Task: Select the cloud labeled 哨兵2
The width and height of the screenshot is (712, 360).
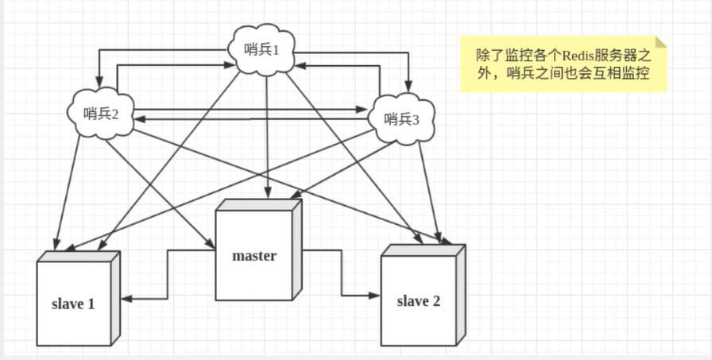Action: (x=101, y=113)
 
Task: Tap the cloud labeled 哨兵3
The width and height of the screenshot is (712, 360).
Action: (x=401, y=119)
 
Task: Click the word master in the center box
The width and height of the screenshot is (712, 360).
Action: (x=254, y=256)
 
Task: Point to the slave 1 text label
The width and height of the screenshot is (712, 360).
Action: (x=73, y=304)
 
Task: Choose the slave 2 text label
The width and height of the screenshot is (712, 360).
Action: (x=418, y=300)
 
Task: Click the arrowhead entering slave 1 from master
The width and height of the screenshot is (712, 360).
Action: (x=126, y=298)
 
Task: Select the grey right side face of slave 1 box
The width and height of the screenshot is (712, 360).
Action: (x=115, y=298)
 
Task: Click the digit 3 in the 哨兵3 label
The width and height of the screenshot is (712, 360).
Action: (x=416, y=120)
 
